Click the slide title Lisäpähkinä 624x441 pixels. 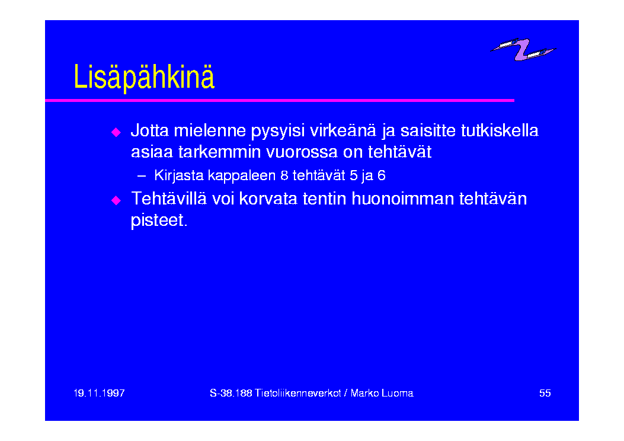(144, 77)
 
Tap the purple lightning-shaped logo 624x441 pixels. (523, 50)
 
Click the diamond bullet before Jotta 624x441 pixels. (116, 132)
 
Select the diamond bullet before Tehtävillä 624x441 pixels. (116, 200)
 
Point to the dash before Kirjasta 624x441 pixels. (141, 175)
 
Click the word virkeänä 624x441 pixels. (343, 130)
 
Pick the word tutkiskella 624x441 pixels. (500, 130)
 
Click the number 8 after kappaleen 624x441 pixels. (284, 175)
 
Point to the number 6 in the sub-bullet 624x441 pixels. (381, 175)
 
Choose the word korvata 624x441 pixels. (268, 199)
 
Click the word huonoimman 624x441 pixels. (403, 199)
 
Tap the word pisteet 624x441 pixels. (159, 220)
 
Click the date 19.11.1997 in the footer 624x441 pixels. (99, 393)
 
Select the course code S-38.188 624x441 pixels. (231, 393)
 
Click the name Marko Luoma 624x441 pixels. (382, 393)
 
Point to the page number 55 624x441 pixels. (545, 393)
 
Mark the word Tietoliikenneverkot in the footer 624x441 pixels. (297, 393)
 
